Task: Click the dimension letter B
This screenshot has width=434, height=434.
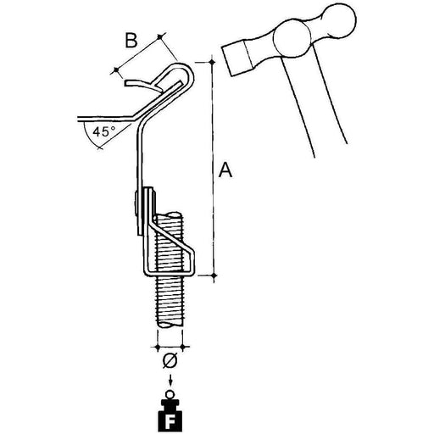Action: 131,41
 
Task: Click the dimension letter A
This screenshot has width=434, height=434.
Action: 225,170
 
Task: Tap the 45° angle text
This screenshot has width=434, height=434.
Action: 103,131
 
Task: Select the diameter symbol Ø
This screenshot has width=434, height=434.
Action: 170,361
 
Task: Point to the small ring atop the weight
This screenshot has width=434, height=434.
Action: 170,394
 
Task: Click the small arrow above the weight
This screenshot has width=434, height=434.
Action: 170,380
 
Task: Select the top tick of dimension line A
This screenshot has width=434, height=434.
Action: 212,62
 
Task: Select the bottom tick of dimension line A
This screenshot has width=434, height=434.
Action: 214,275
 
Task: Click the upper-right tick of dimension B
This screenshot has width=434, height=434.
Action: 160,36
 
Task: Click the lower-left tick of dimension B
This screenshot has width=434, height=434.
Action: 115,70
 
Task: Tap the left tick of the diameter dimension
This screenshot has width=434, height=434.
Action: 158,346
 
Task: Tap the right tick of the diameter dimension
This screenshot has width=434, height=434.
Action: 183,346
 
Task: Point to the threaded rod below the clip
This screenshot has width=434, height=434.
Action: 170,302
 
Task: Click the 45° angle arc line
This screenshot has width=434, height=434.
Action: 91,139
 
